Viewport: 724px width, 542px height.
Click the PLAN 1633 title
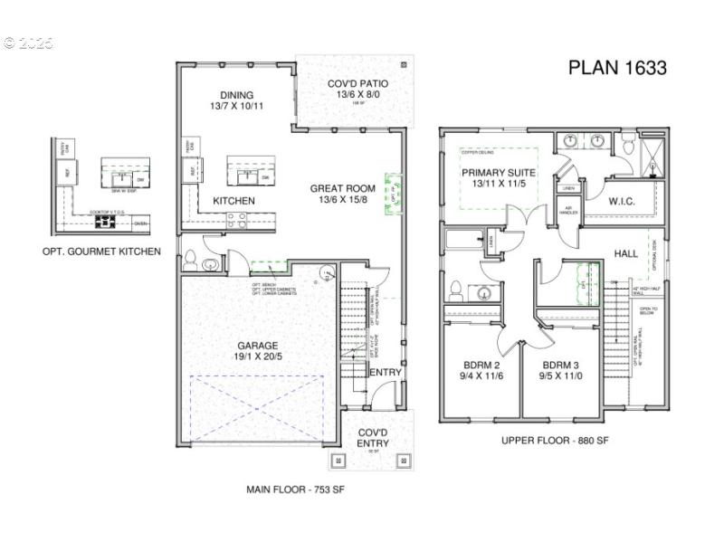617,68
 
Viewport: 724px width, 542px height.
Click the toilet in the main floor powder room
191,262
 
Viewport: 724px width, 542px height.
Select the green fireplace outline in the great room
393,193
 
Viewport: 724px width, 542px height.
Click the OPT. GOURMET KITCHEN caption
101,251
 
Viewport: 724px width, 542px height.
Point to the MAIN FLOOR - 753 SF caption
295,490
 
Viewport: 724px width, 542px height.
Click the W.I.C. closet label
624,201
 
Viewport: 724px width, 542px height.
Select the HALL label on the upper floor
626,254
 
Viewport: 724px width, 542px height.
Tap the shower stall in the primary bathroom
652,154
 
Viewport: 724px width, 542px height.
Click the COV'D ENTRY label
373,437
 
